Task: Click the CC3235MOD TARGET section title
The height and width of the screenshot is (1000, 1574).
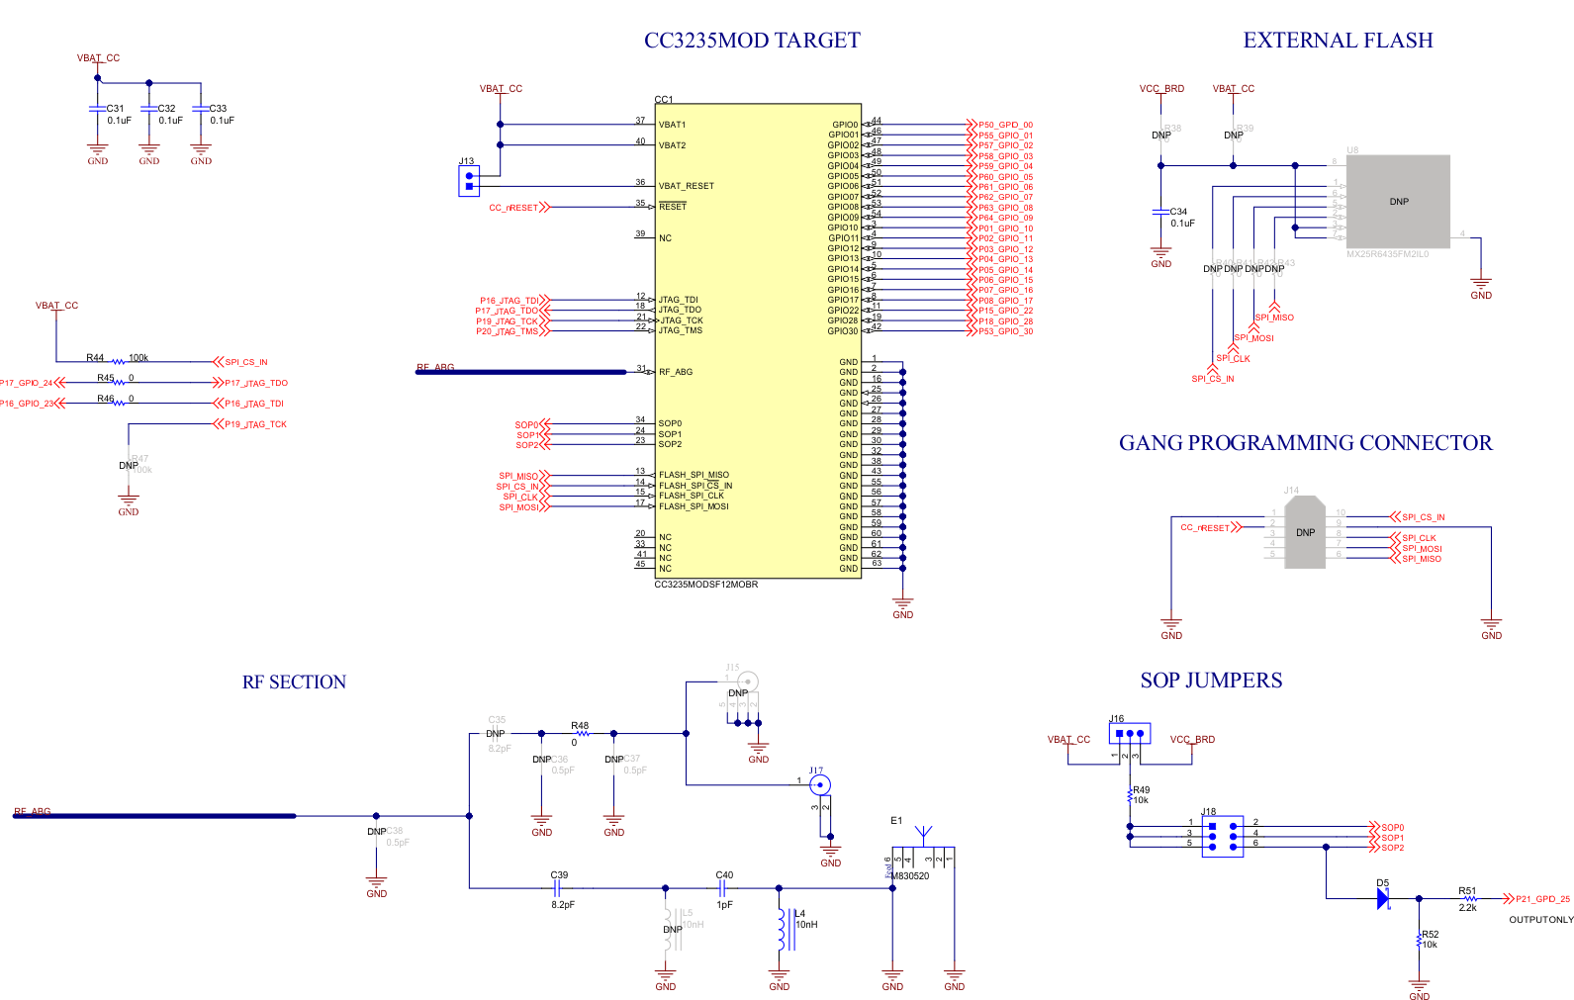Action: coord(752,41)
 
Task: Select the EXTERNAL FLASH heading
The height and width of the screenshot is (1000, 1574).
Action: coord(1338,41)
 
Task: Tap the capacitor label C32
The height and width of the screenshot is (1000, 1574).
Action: coord(166,109)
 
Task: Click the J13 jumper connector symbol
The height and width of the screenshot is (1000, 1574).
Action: coord(469,181)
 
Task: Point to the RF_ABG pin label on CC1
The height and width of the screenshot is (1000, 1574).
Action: coord(676,372)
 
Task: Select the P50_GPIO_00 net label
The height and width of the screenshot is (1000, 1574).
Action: coord(1005,126)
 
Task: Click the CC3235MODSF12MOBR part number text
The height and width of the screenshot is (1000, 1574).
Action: coord(705,585)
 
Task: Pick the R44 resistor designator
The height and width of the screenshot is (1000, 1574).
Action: coord(95,358)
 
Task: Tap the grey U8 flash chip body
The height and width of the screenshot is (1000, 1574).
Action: coord(1398,201)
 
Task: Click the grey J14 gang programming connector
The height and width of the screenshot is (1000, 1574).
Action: coord(1305,532)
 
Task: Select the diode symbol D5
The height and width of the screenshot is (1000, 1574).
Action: coord(1383,898)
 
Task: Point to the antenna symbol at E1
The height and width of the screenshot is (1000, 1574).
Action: coord(923,834)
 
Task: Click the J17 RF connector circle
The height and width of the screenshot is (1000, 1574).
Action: coord(819,785)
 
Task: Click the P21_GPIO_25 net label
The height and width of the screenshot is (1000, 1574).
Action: coord(1542,899)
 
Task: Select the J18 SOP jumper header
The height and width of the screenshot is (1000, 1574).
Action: coord(1222,837)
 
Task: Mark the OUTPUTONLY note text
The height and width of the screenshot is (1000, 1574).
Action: coord(1540,920)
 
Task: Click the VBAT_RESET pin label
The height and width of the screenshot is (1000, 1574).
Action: coord(686,186)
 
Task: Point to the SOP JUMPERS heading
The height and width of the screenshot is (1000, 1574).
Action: coord(1211,681)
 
